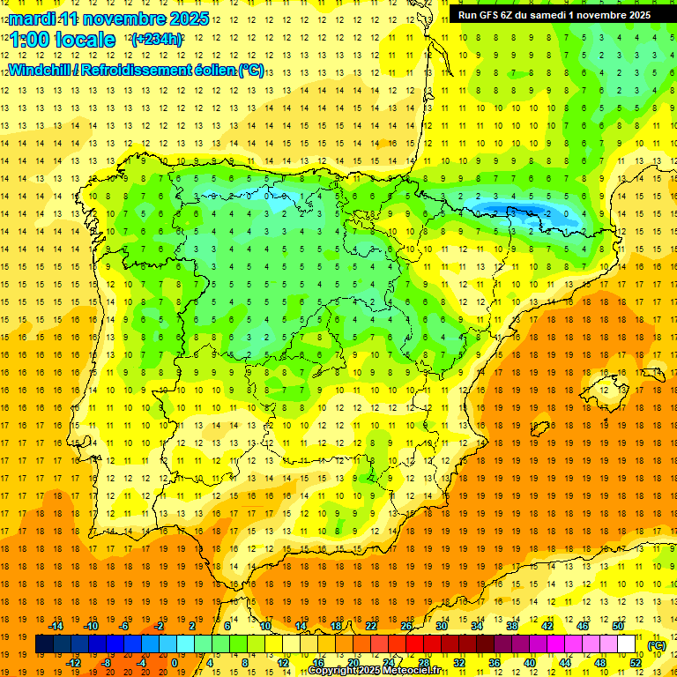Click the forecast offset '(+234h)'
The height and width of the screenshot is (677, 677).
[156, 39]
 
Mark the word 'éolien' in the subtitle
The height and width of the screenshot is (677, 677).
[206, 70]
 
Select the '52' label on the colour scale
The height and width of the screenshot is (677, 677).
[636, 663]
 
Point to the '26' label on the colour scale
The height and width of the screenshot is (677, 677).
[406, 626]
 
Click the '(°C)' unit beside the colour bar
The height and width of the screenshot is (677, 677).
[656, 645]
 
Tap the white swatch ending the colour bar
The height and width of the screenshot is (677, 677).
[627, 644]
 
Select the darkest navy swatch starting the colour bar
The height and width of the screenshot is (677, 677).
[44, 644]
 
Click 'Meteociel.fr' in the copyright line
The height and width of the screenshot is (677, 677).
[415, 671]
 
